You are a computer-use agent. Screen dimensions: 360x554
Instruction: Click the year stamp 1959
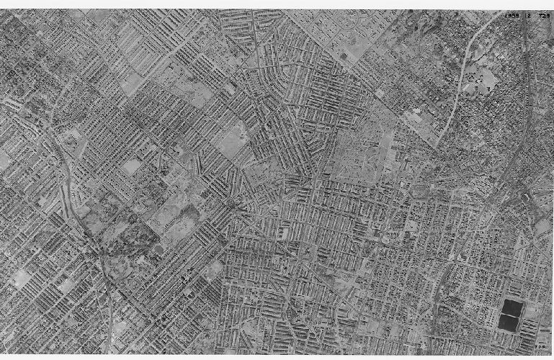pos(511,15)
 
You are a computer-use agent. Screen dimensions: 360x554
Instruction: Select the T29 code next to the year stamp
pos(542,15)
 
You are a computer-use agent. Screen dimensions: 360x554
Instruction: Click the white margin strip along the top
pos(277,4)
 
